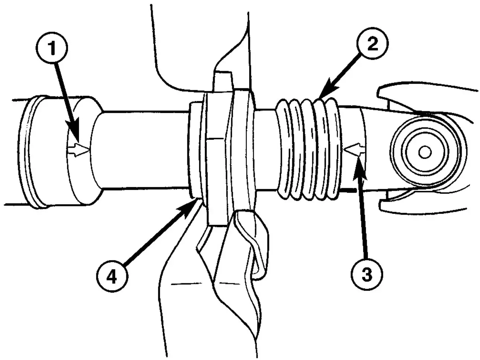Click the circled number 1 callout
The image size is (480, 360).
click(52, 48)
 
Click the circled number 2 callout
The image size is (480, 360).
click(373, 43)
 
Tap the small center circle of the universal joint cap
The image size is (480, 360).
click(425, 152)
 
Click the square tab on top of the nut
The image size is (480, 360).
click(223, 80)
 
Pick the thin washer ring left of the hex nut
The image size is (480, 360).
click(195, 151)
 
